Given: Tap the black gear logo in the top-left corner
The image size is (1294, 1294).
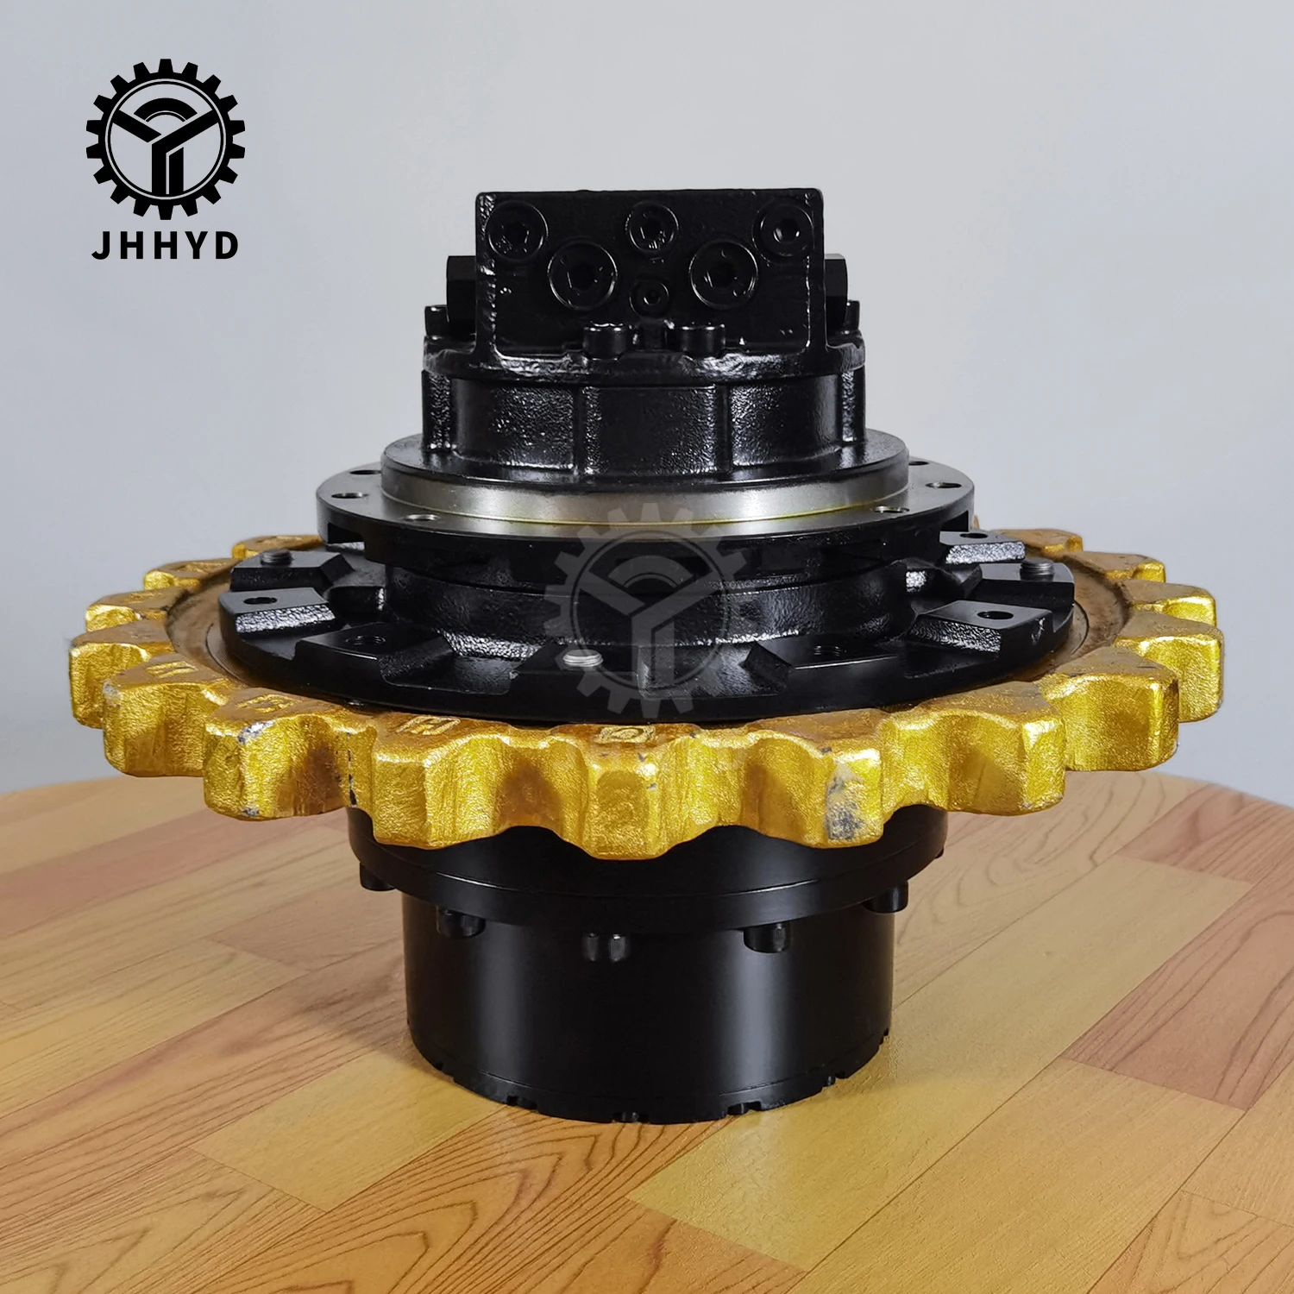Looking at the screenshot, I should pyautogui.click(x=165, y=138).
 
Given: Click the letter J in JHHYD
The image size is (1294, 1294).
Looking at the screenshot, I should pyautogui.click(x=100, y=245).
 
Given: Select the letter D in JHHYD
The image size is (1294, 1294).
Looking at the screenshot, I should pyautogui.click(x=226, y=245).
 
